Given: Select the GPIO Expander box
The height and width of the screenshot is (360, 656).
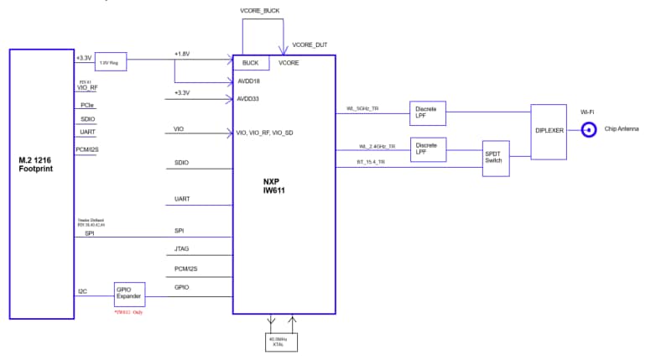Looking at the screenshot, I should tap(129, 294).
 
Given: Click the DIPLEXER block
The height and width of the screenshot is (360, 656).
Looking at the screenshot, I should tap(549, 130).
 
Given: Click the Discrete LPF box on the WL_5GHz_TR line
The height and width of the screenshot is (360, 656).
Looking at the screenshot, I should tap(428, 112).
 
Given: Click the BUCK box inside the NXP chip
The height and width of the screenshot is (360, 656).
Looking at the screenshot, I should tap(251, 63).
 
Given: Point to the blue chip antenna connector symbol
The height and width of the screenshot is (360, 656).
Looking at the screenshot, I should tap(589, 129).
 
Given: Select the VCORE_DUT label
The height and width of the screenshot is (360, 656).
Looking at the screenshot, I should tap(310, 44).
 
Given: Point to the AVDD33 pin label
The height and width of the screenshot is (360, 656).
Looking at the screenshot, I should tap(248, 99).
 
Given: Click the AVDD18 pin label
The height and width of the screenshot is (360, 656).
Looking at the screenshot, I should tap(248, 81).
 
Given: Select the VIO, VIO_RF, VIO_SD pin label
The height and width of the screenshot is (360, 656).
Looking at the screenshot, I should tap(264, 133).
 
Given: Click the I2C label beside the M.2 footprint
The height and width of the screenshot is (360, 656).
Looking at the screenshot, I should tap(82, 291).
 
